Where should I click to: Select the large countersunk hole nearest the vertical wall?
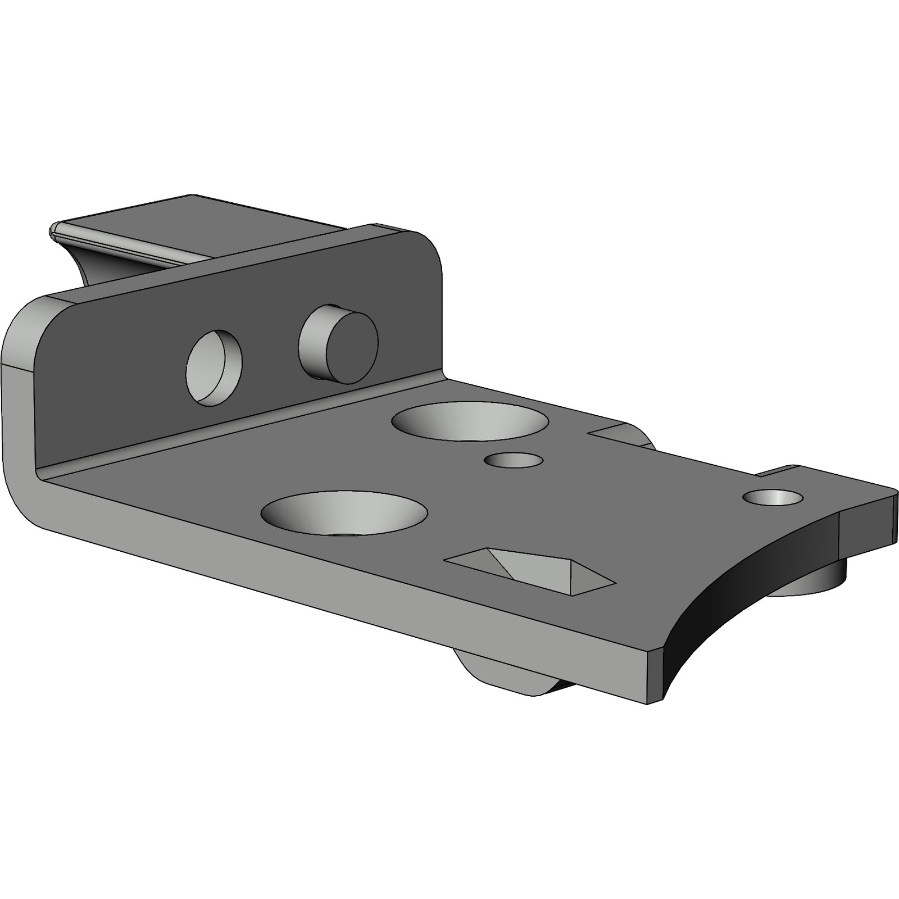pos(471,421)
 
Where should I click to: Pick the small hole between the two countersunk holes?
pos(514,460)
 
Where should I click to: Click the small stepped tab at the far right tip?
pos(868,523)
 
